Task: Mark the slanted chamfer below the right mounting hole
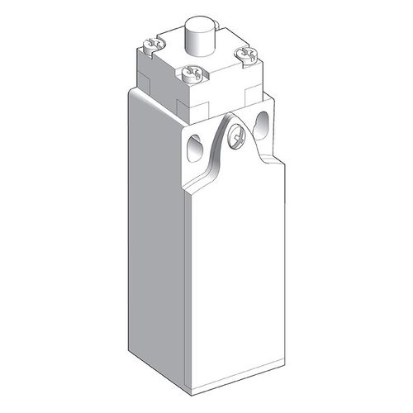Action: point(268,157)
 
